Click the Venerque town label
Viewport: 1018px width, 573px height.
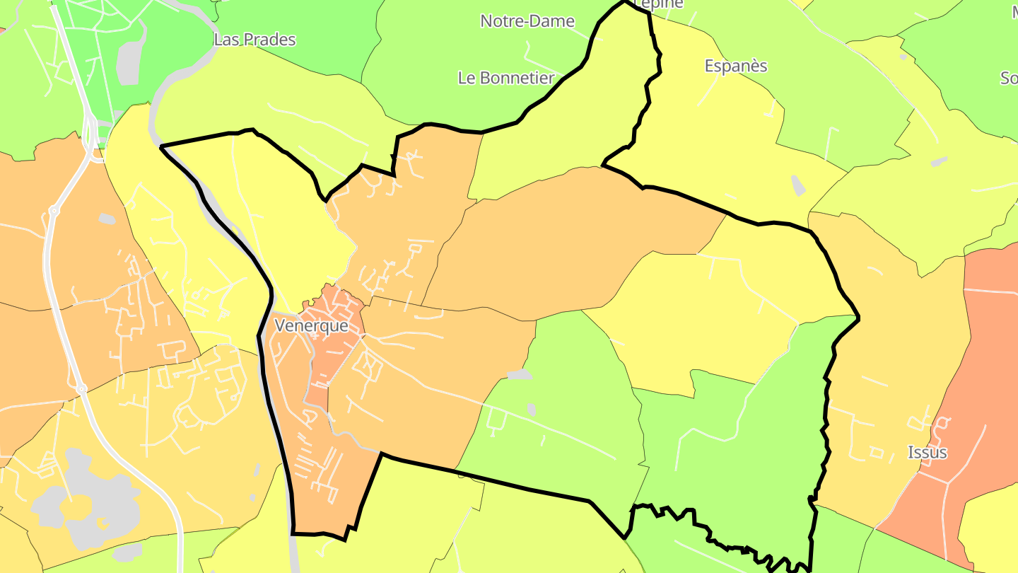(x=311, y=326)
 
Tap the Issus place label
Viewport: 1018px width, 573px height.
(x=927, y=452)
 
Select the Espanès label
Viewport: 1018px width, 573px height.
(x=736, y=66)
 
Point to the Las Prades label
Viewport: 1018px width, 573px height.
(x=255, y=40)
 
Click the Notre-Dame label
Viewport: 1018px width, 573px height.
(x=527, y=21)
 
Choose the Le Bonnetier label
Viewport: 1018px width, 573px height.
(x=506, y=78)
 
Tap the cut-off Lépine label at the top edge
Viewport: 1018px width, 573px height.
(x=659, y=4)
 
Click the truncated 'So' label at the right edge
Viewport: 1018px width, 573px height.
(x=1009, y=78)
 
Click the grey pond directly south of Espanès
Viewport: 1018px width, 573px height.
(x=798, y=185)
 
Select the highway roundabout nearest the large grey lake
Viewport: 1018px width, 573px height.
(x=81, y=389)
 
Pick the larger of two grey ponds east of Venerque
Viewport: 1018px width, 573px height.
(x=520, y=374)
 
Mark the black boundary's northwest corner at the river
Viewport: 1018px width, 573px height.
(x=162, y=146)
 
